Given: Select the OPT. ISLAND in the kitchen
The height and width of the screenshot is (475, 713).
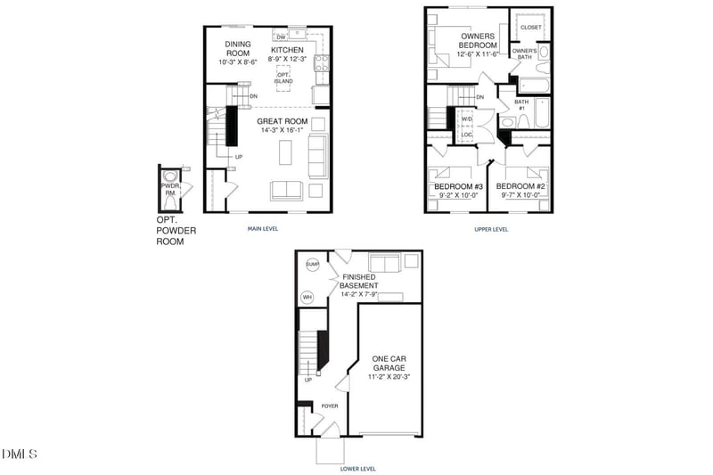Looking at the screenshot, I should pos(283,78).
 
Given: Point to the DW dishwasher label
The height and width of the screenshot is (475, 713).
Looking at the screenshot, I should pos(281,37).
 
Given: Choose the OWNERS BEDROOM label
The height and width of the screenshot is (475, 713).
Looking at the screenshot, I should pos(477,40).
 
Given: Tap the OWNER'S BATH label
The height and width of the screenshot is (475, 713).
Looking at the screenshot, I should pos(525,54).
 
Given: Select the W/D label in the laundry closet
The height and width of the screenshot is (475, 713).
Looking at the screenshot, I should pos(466,119).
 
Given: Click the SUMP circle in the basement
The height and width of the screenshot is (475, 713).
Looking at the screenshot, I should pos(312,265).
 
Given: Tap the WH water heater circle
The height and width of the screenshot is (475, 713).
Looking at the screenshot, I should pos(307,297).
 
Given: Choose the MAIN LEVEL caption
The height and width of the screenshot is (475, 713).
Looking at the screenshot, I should pos(263,229).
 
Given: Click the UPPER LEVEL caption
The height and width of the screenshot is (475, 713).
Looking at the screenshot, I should pos(491,229).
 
